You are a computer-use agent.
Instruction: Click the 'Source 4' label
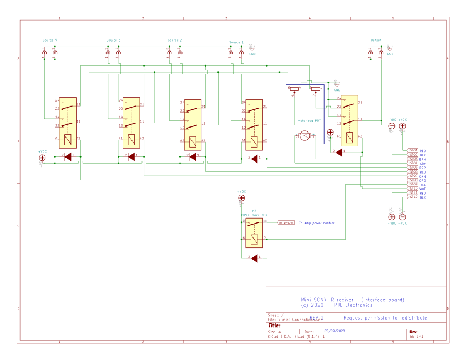point(50,40)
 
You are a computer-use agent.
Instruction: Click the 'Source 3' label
point(114,40)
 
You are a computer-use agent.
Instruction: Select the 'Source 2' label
point(175,40)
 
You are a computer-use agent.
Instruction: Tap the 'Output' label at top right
point(376,40)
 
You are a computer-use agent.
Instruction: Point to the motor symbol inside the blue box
point(305,136)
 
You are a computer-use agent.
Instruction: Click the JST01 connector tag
point(412,150)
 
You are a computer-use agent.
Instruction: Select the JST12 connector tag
point(412,197)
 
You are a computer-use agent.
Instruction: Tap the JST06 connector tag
point(412,172)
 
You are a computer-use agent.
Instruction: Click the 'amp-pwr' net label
point(286,222)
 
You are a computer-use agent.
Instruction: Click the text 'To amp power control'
point(316,223)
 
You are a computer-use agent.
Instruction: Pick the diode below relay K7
point(255,258)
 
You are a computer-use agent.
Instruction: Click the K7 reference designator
point(254,211)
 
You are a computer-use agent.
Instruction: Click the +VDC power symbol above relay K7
point(241,198)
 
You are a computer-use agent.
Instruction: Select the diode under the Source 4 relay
point(68,157)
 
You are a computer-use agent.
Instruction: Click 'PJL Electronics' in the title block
point(353,305)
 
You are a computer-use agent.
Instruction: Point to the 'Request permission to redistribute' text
point(386,318)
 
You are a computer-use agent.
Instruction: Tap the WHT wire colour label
point(423,189)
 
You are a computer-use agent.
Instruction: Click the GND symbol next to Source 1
point(251,49)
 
